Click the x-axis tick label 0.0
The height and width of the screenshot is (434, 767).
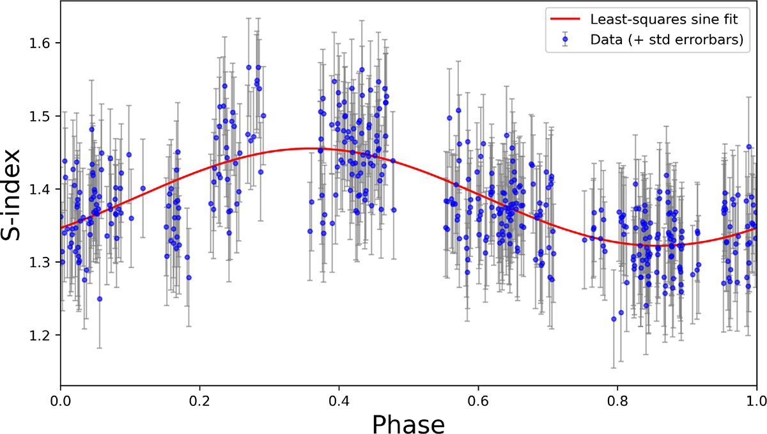(x=60, y=398)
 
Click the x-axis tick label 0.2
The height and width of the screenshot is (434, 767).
(x=199, y=398)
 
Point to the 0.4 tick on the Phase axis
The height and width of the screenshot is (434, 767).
(x=339, y=398)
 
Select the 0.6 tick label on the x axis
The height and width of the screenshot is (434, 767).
(x=478, y=398)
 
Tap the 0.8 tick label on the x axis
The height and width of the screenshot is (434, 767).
(x=617, y=398)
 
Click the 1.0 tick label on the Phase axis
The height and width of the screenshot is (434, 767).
(x=756, y=398)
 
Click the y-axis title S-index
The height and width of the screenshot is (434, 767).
(x=15, y=194)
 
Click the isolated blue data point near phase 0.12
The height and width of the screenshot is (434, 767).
(x=143, y=189)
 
